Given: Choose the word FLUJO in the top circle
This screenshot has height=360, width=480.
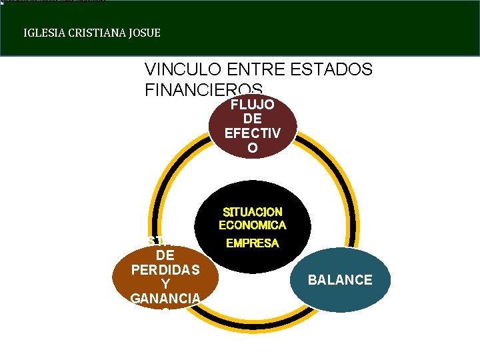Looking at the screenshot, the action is point(252,105).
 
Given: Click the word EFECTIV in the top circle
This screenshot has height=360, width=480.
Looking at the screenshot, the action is point(252,133).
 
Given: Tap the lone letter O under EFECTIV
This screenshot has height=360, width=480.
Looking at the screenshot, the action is point(252,148).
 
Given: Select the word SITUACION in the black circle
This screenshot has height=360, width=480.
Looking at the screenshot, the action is point(252,212).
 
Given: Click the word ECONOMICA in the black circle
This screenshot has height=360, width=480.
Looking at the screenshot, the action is point(252,225).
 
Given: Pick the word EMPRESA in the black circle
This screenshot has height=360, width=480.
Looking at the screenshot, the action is point(252,244).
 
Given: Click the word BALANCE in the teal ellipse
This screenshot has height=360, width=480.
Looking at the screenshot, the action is point(340,280).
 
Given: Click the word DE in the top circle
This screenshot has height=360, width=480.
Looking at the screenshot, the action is point(252,119).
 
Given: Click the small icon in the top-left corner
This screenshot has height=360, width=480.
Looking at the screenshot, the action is point(2,2).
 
